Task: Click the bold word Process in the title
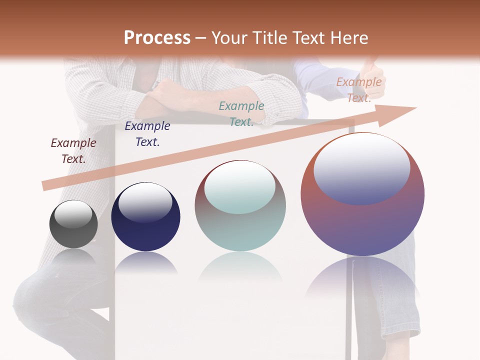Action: [x=157, y=37]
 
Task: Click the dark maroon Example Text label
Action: [x=73, y=151]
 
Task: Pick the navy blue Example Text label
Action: [x=147, y=134]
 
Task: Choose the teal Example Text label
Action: [x=241, y=114]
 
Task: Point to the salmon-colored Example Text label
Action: [x=359, y=90]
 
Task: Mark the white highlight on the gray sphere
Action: [x=73, y=214]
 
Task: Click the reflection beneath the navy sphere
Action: [x=145, y=262]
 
